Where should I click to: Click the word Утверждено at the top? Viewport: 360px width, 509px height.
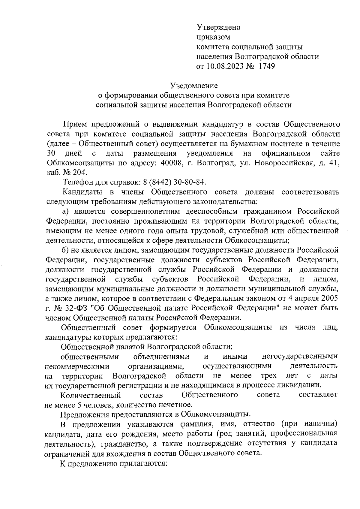[x=218, y=28]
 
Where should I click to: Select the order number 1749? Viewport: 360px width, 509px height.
[x=267, y=66]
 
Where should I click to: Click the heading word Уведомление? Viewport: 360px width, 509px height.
[x=194, y=86]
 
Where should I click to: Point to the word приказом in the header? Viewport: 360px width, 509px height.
[x=213, y=37]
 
